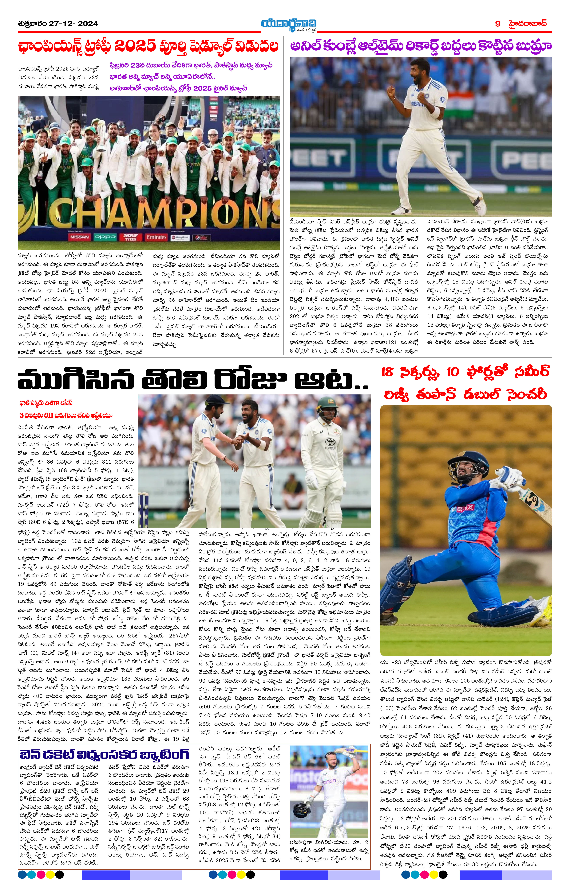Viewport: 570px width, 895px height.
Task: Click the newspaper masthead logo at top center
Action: pyautogui.click(x=289, y=24)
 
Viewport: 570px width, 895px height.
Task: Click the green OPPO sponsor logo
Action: pyautogui.click(x=105, y=237)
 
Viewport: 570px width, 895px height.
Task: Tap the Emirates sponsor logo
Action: pyautogui.click(x=156, y=237)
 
